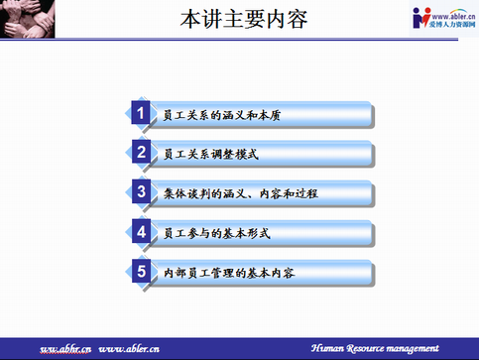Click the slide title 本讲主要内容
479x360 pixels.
244,19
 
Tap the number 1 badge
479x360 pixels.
141,112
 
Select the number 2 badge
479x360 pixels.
141,152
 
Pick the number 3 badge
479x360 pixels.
141,191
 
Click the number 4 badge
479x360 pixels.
141,231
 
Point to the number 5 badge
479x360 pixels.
141,271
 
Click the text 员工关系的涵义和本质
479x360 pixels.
222,115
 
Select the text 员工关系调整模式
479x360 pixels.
211,155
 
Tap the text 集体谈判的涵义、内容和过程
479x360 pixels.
241,193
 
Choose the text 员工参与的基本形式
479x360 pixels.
217,233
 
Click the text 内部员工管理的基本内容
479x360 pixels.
229,273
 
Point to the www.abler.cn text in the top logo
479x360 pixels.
453,16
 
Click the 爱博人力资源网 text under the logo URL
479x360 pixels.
452,24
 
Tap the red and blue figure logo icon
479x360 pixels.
421,18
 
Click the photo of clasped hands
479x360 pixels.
27,19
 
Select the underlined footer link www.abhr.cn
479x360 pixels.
65,349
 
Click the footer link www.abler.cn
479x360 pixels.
129,349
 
